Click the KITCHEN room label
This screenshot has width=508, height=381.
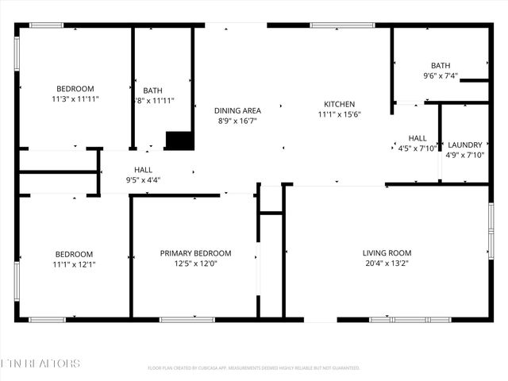click(x=339, y=104)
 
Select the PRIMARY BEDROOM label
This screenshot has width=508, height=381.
click(x=195, y=253)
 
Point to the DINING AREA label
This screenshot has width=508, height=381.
click(x=237, y=110)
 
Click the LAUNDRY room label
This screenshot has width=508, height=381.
click(x=464, y=144)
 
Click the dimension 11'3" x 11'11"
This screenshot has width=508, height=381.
click(x=75, y=100)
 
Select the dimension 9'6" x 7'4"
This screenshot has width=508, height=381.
click(x=440, y=76)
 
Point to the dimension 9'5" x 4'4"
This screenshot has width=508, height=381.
click(x=143, y=180)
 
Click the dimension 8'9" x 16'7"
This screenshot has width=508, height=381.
click(x=237, y=121)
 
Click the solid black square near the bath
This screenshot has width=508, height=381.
click(x=179, y=140)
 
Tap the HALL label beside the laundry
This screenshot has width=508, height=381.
click(x=418, y=138)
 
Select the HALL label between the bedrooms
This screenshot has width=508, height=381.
click(x=143, y=170)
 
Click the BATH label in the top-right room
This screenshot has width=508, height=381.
click(x=440, y=66)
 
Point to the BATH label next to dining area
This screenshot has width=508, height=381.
click(x=152, y=90)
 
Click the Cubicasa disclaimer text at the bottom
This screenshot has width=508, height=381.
click(x=254, y=368)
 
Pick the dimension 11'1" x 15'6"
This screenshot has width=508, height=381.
click(x=339, y=114)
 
